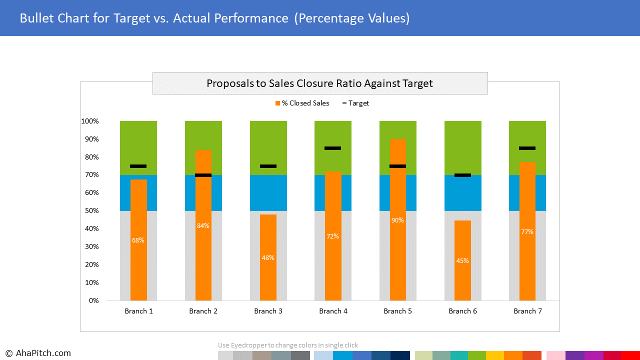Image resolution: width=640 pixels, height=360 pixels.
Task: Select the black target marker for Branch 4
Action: (x=333, y=148)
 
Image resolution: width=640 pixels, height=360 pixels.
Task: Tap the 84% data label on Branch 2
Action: (x=203, y=225)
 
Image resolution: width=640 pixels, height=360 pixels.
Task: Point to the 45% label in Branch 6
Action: (x=462, y=260)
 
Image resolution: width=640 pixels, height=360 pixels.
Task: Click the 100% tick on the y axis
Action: (x=90, y=121)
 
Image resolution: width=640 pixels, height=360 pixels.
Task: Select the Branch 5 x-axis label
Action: (x=397, y=311)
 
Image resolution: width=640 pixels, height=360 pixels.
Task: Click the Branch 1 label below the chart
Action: (x=138, y=311)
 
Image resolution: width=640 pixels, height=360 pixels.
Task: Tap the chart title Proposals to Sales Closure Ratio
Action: (x=319, y=83)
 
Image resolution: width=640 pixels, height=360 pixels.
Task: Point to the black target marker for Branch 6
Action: (x=462, y=175)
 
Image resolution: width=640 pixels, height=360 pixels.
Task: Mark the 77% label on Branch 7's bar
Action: (x=527, y=231)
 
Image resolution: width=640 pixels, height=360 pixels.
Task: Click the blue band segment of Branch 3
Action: (x=268, y=193)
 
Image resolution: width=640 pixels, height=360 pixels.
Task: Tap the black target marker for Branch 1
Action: (x=138, y=166)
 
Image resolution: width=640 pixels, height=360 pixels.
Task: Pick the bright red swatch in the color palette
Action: (x=630, y=355)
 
